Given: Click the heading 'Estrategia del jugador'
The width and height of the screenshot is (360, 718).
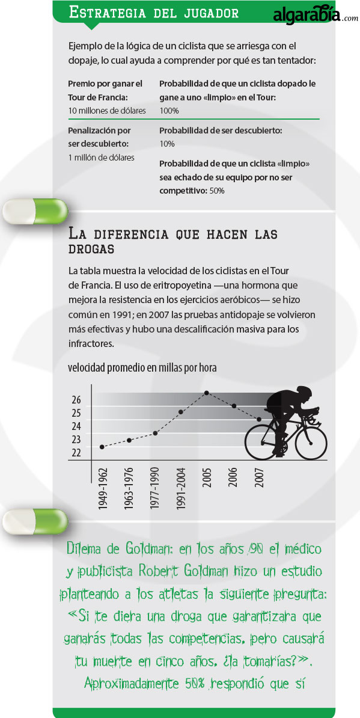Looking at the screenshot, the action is [x=153, y=13].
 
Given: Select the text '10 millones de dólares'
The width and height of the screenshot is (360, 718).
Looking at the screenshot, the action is [x=107, y=111].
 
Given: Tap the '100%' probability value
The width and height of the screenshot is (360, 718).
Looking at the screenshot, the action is [x=169, y=111].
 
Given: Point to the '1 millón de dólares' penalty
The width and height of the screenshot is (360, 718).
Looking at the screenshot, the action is [x=101, y=157].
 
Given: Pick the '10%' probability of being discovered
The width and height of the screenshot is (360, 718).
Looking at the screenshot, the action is [x=167, y=144].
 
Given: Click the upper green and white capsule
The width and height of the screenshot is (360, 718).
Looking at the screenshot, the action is [x=35, y=211].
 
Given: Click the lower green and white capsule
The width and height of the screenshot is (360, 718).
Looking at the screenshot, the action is [x=35, y=521].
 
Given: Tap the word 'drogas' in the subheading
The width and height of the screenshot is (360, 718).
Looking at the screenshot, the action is [x=91, y=250].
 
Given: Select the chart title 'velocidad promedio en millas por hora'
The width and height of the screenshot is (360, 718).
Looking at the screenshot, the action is [x=142, y=367].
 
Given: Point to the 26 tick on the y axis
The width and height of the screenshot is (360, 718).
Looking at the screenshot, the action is [x=76, y=400].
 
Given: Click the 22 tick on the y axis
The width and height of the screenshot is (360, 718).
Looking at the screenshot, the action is [x=76, y=452].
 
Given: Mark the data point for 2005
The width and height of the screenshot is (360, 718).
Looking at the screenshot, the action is [x=207, y=393].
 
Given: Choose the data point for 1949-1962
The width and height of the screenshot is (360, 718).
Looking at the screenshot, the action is [x=102, y=447].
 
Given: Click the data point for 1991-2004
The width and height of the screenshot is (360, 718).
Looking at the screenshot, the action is [x=181, y=412].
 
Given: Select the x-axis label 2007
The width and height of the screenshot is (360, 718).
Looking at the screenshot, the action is [x=260, y=477].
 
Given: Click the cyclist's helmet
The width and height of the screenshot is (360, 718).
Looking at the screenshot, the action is [x=304, y=391].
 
